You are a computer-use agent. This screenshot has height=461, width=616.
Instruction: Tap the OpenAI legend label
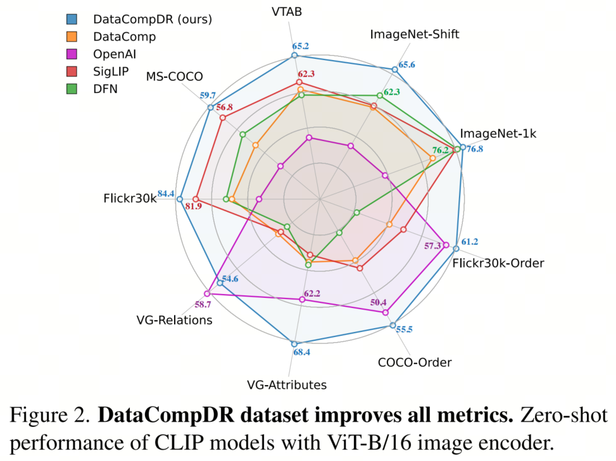point(118,54)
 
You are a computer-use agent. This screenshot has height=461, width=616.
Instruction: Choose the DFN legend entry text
point(105,89)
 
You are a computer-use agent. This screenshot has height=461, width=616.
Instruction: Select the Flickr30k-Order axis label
point(498,262)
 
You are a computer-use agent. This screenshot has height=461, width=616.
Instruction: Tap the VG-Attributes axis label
point(287,384)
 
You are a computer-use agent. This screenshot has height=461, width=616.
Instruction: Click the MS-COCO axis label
point(175,77)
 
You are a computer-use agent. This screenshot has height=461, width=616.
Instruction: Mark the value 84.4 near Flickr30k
point(166,194)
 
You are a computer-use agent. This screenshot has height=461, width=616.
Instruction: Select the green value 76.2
point(440,151)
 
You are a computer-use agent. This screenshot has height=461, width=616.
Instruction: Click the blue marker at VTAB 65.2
point(294,56)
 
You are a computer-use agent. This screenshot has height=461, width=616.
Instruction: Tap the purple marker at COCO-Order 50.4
point(385,312)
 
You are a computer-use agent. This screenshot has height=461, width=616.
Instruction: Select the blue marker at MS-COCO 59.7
point(210,108)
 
